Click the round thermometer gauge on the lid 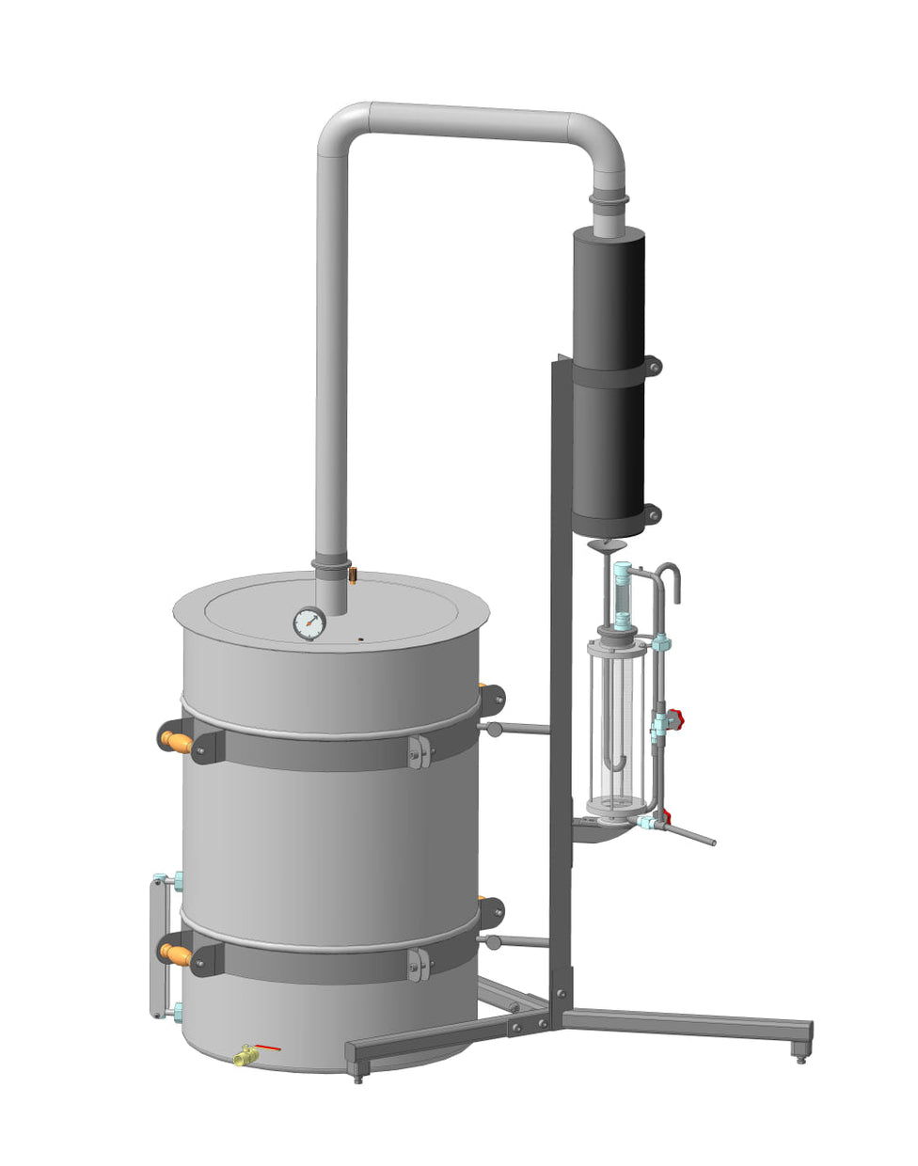tap(309, 622)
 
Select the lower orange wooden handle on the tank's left tap(176, 953)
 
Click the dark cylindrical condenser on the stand tap(609, 376)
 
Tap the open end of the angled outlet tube tap(713, 842)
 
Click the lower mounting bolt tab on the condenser tap(652, 513)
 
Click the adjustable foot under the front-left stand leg tap(358, 1073)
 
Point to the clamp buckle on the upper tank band tap(419, 751)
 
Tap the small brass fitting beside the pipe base tap(352, 573)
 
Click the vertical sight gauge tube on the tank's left tap(156, 948)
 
